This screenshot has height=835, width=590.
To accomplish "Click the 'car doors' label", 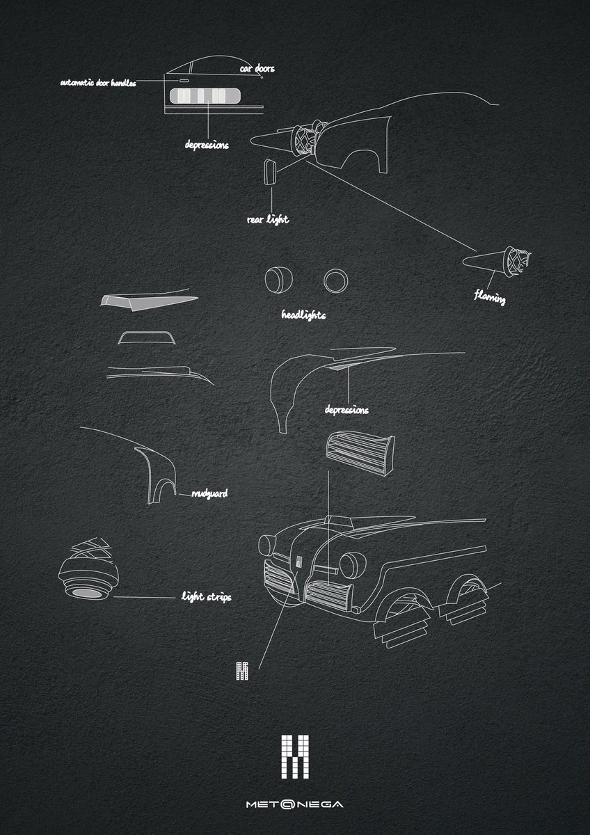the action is (257, 69).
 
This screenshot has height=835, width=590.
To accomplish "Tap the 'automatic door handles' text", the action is (98, 83).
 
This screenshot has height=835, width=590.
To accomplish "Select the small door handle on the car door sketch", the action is (184, 80).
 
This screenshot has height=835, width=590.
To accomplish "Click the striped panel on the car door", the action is (205, 96).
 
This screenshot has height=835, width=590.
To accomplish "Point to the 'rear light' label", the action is (268, 220).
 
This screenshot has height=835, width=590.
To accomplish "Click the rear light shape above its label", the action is (270, 172).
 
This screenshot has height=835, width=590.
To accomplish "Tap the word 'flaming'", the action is (490, 298).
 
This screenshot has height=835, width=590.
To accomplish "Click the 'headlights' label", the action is (303, 315).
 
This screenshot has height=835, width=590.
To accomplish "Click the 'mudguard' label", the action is (209, 494).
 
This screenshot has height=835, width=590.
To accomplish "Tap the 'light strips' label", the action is (207, 597).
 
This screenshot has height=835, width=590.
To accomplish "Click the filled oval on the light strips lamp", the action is (86, 594).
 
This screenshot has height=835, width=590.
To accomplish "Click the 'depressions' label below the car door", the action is (207, 145).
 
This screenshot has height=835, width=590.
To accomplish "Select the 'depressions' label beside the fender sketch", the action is (346, 410).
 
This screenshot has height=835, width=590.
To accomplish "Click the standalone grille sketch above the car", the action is (360, 453).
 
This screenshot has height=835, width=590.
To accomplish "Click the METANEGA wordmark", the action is (295, 804).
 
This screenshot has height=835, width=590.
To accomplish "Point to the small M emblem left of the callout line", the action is (242, 671).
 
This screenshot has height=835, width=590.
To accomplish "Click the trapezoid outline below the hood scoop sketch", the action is (147, 333).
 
